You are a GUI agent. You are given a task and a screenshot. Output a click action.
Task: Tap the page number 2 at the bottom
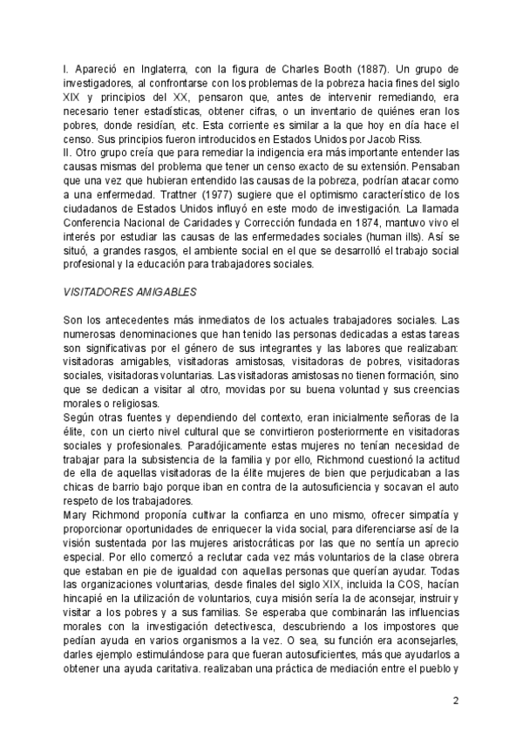coord(455,700)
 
